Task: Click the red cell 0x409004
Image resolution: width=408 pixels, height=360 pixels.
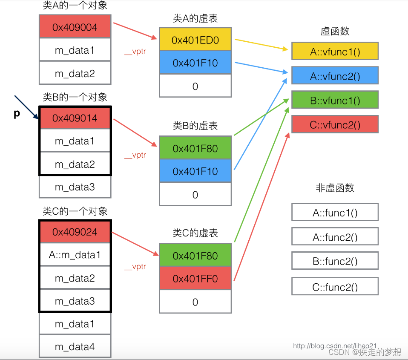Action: [x=75, y=27]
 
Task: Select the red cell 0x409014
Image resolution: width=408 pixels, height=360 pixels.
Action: [x=75, y=118]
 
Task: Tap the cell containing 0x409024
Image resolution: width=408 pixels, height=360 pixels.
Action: [x=75, y=232]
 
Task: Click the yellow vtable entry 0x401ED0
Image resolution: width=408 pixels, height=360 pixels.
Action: [x=195, y=40]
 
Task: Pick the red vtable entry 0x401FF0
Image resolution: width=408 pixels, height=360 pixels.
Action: [x=195, y=279]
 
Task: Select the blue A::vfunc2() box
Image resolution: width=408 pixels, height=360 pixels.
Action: [x=335, y=76]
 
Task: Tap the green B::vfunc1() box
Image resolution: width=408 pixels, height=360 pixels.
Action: [x=335, y=101]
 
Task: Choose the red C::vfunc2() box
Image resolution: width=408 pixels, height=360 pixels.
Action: [x=335, y=125]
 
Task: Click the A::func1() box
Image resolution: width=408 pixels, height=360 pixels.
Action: [x=335, y=213]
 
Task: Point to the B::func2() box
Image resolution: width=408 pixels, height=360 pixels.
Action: [x=335, y=261]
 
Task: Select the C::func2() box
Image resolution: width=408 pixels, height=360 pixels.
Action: [x=335, y=287]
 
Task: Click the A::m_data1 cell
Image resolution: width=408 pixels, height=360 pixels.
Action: [x=75, y=255]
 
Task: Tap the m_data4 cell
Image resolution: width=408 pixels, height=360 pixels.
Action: [x=75, y=347]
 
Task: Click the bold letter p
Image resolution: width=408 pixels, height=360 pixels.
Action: [x=17, y=114]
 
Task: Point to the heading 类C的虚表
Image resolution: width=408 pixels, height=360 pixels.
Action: [x=195, y=233]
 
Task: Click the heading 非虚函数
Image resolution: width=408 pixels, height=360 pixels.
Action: [x=335, y=188]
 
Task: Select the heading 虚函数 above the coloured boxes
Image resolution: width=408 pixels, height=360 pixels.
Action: [x=335, y=31]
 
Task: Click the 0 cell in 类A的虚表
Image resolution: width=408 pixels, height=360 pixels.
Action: [x=195, y=86]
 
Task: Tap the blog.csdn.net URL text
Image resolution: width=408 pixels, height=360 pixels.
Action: [x=335, y=346]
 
